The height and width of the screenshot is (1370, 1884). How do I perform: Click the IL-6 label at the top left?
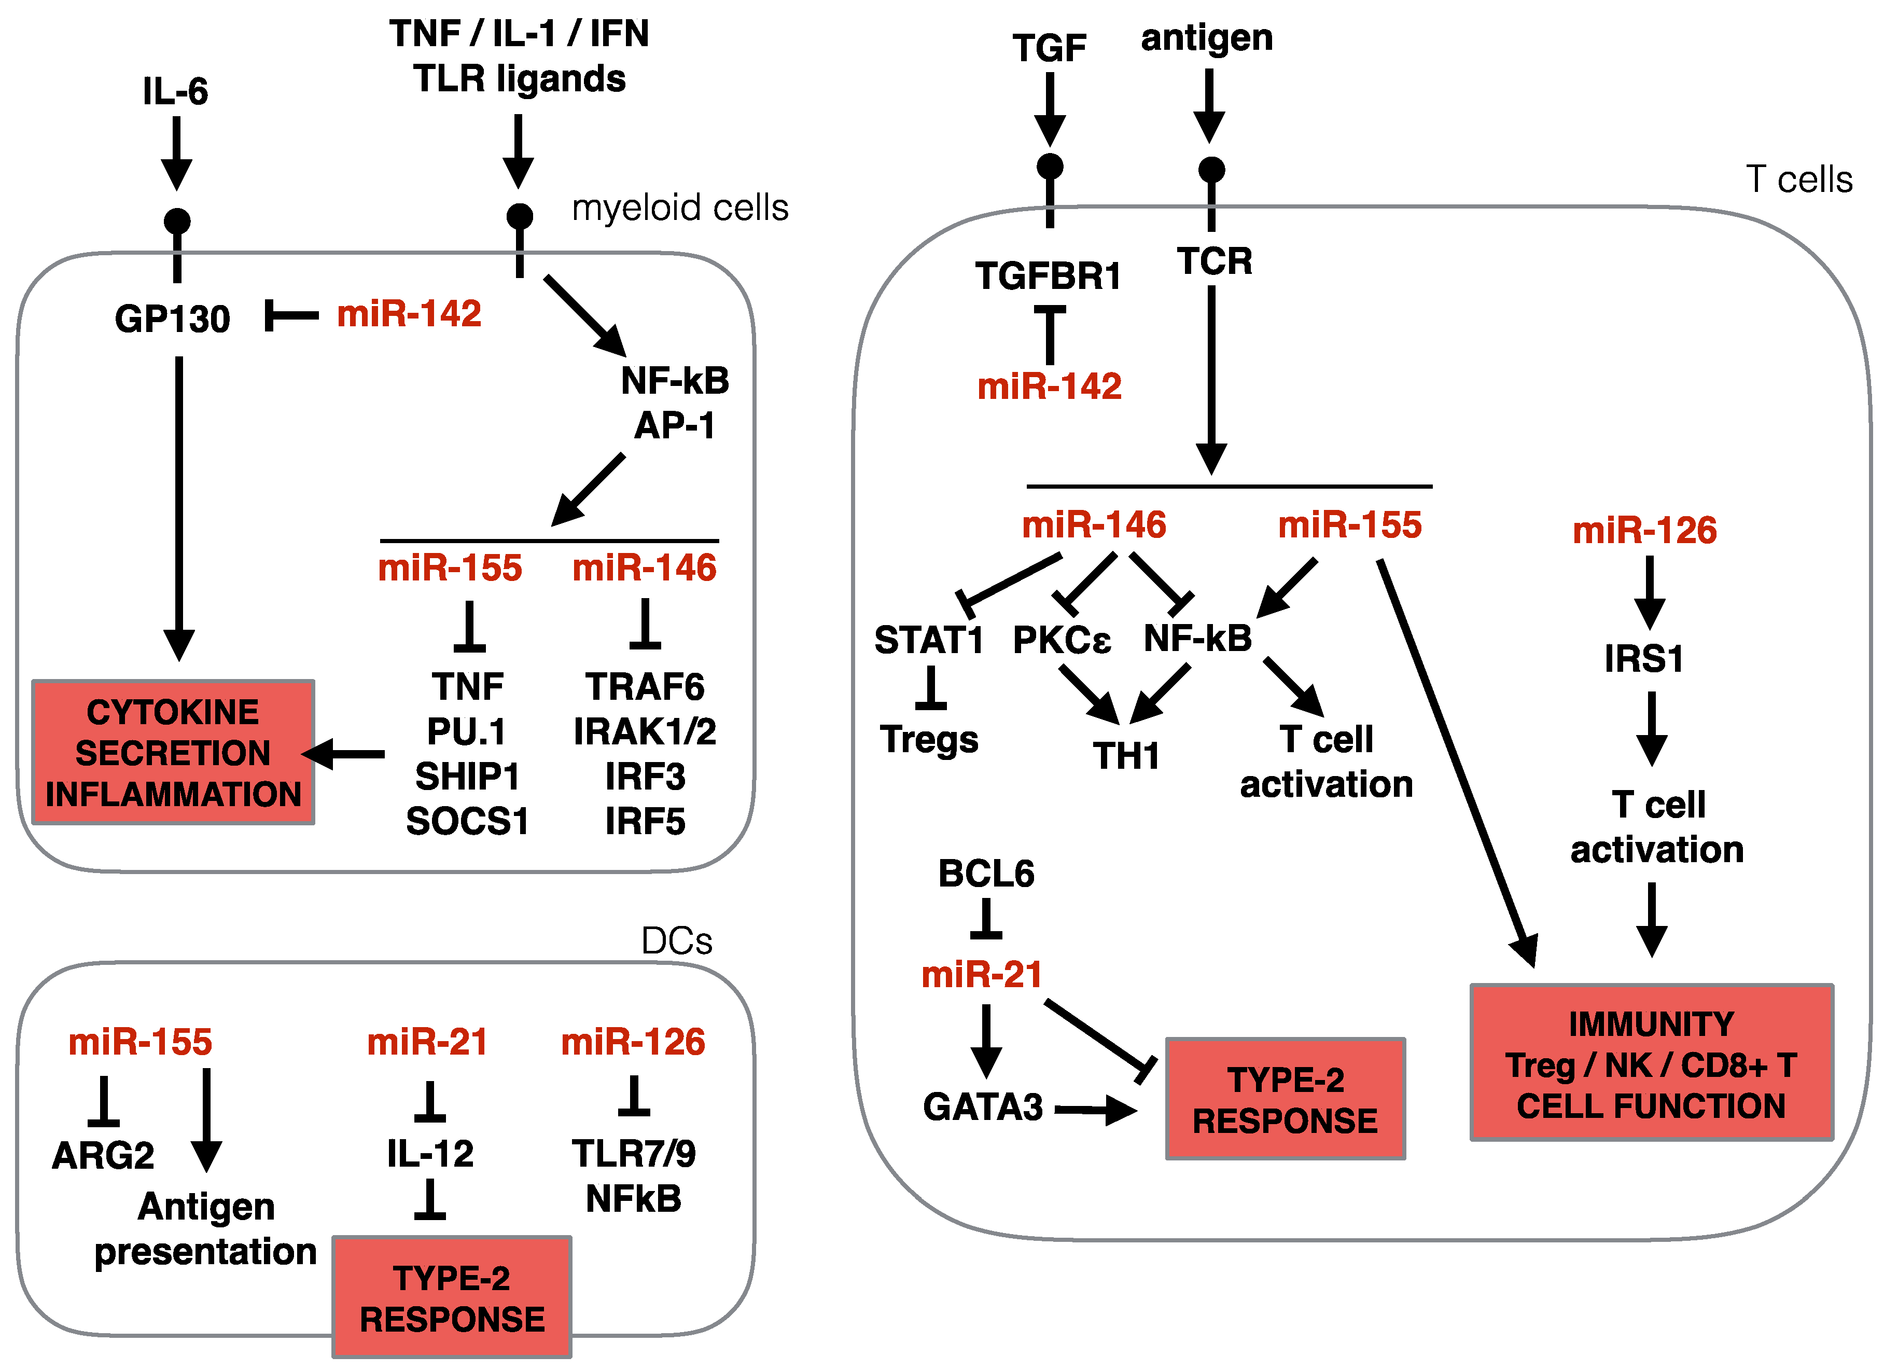(175, 91)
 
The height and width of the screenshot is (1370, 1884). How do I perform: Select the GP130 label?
(172, 319)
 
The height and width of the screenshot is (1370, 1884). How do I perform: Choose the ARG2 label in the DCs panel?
(103, 1156)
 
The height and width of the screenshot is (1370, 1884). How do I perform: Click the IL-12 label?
(430, 1154)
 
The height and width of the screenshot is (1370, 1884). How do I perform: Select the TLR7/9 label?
(634, 1154)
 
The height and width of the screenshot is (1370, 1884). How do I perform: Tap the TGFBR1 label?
(1049, 276)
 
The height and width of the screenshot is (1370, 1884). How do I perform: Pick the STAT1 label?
(929, 640)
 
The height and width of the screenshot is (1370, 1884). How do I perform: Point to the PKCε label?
(1062, 640)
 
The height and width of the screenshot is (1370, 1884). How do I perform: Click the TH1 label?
(1126, 756)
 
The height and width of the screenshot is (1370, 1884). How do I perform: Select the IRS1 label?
(1644, 659)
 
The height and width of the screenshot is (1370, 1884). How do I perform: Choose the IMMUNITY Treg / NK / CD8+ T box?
(1651, 1062)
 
